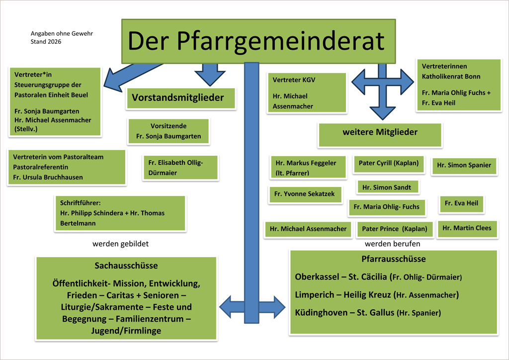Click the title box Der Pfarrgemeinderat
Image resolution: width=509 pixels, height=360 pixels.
coord(258,41)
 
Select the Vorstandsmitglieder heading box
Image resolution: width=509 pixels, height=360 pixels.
coord(177,98)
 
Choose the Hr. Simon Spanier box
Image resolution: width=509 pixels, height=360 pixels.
coord(464,166)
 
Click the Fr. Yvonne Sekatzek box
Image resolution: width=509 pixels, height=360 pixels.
coord(305,194)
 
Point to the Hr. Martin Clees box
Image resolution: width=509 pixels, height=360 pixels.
coord(467,228)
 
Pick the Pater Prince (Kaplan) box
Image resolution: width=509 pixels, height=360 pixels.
coord(395,229)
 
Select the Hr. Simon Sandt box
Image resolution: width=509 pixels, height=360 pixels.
coord(388,187)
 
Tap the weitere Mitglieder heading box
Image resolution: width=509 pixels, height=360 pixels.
coord(380,133)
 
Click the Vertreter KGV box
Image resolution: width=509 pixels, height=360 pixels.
coord(306,93)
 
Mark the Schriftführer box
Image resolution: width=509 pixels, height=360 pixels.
coord(119,213)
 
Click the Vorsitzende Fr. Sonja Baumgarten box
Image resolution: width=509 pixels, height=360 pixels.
coord(169,131)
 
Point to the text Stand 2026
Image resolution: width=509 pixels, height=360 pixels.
coord(46,42)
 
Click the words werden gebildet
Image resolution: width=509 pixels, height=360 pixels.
coord(120,244)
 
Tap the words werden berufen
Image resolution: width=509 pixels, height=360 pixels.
coord(392,244)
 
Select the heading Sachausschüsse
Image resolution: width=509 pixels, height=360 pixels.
coord(126,266)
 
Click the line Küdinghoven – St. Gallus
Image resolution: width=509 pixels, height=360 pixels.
coord(368,313)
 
